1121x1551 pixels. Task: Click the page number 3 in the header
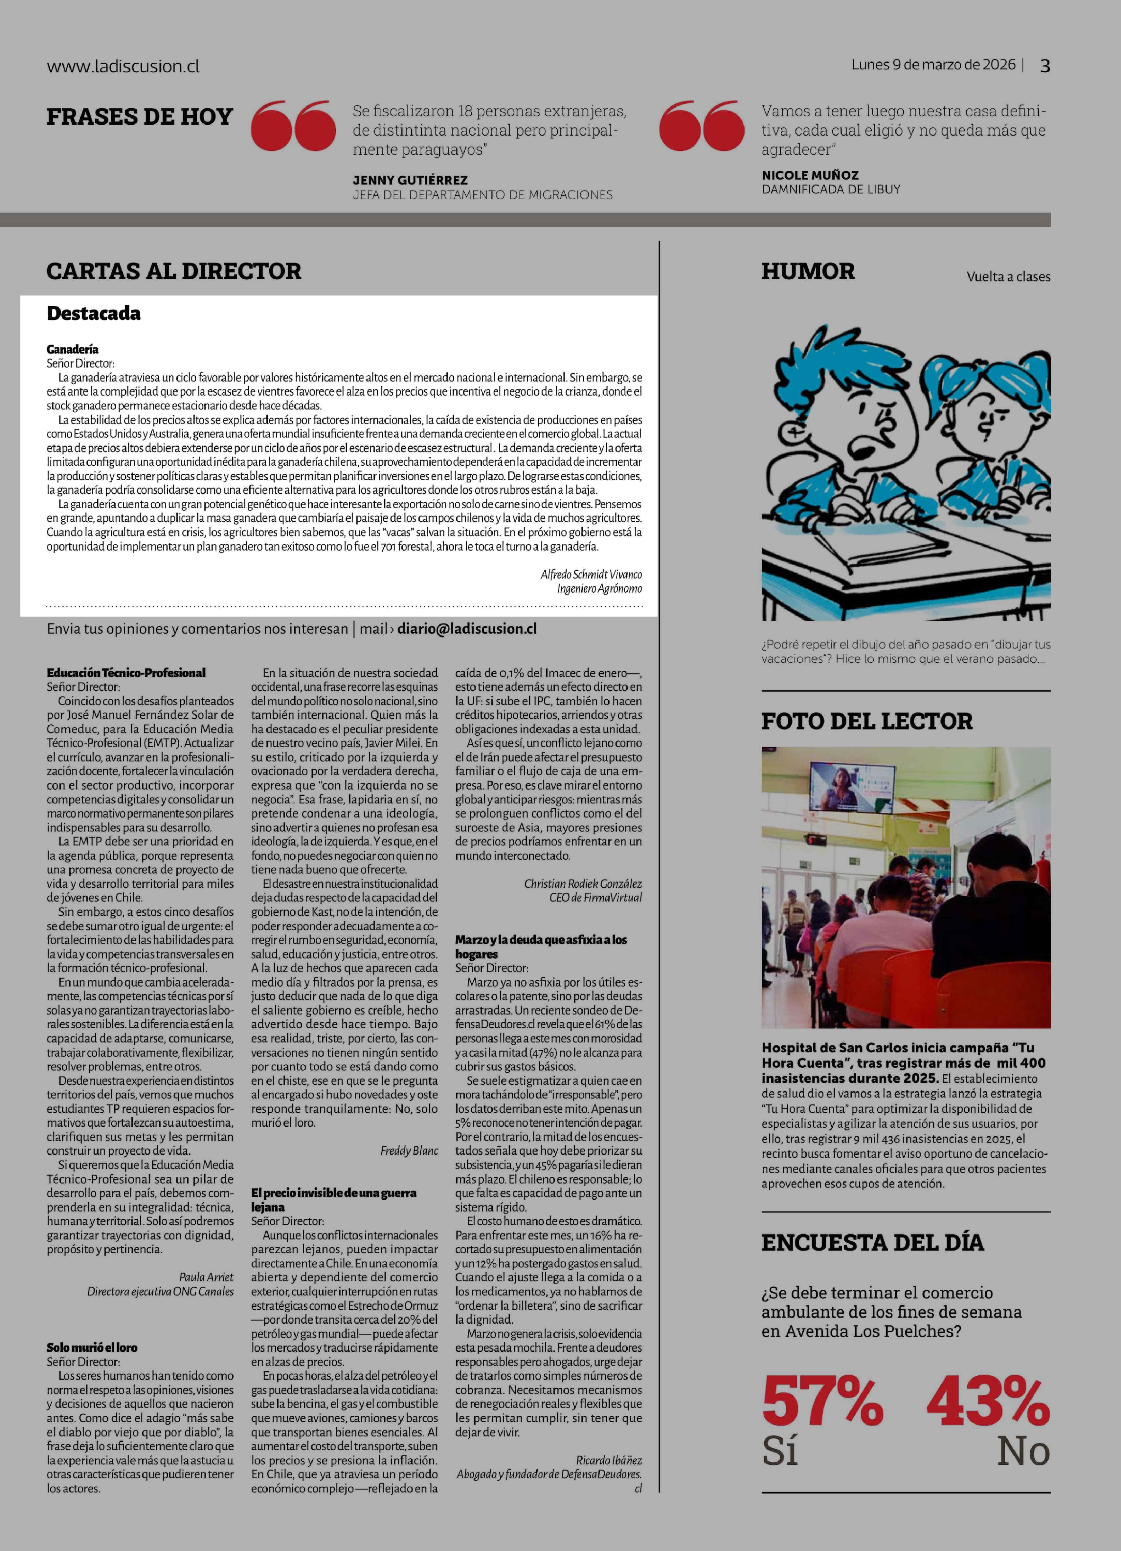[x=1044, y=66]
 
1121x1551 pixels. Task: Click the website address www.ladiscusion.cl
[x=123, y=66]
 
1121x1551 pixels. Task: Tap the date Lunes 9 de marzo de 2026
[x=933, y=64]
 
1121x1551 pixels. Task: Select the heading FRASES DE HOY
[x=140, y=117]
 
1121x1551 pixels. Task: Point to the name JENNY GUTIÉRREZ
[x=410, y=180]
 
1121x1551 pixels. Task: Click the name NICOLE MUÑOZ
[x=810, y=175]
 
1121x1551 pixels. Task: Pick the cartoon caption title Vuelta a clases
[x=1008, y=277]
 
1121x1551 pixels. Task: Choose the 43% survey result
[x=988, y=1401]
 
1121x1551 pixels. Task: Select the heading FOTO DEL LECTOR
[x=866, y=721]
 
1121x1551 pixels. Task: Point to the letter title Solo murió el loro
[x=92, y=1347]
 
